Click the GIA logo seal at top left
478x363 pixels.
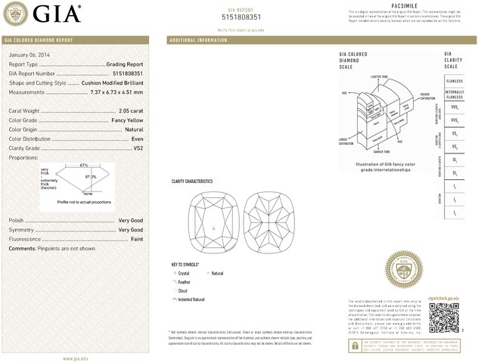coord(17,13)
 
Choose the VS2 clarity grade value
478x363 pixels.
coord(138,148)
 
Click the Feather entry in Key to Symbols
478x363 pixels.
coord(185,281)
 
